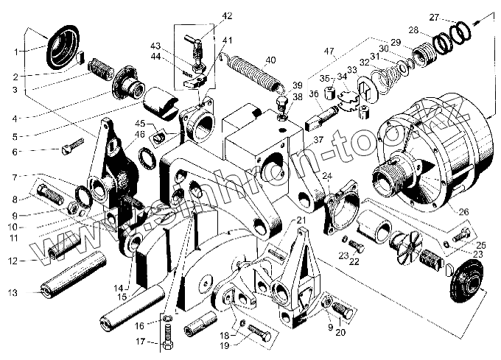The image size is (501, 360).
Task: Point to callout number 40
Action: click(x=270, y=60)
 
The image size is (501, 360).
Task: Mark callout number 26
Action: click(x=463, y=211)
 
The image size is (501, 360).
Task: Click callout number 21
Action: click(x=301, y=221)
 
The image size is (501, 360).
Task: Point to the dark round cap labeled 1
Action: click(x=61, y=46)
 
